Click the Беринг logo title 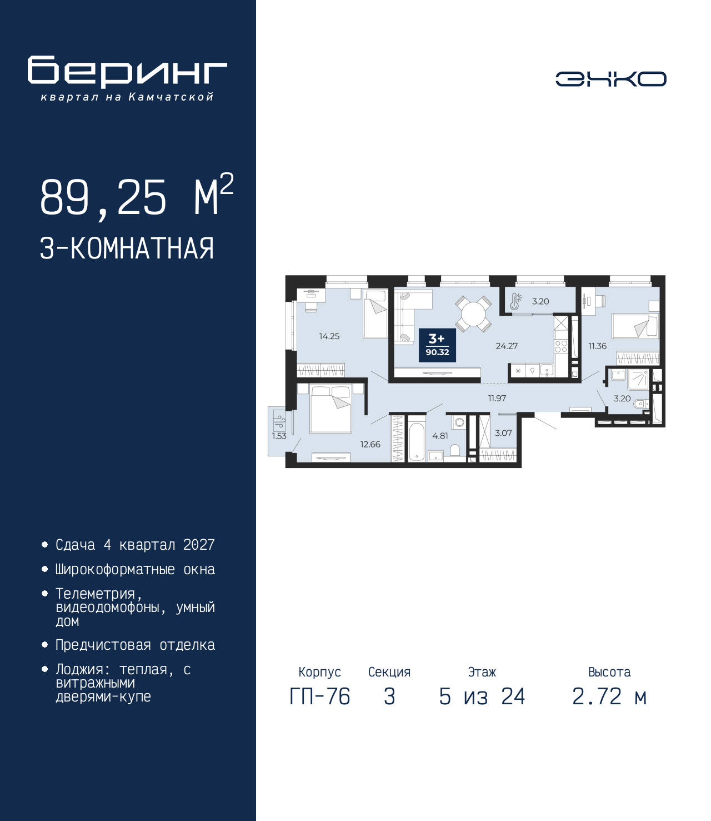pyautogui.click(x=127, y=72)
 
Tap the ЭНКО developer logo pyautogui.click(x=610, y=78)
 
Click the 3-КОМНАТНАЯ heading pyautogui.click(x=127, y=248)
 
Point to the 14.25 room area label pyautogui.click(x=329, y=336)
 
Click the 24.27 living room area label pyautogui.click(x=507, y=346)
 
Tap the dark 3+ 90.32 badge pyautogui.click(x=437, y=345)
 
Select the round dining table pyautogui.click(x=473, y=314)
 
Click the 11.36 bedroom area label pyautogui.click(x=598, y=346)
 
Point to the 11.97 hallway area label pyautogui.click(x=497, y=398)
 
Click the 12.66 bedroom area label pyautogui.click(x=370, y=445)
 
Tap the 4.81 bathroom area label pyautogui.click(x=440, y=436)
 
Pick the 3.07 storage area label pyautogui.click(x=503, y=433)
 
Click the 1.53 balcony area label pyautogui.click(x=279, y=436)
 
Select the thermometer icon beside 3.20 pyautogui.click(x=515, y=301)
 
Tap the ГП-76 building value pyautogui.click(x=319, y=696)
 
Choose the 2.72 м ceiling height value pyautogui.click(x=609, y=696)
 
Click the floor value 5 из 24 pyautogui.click(x=482, y=696)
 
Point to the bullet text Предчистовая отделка pyautogui.click(x=135, y=645)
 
